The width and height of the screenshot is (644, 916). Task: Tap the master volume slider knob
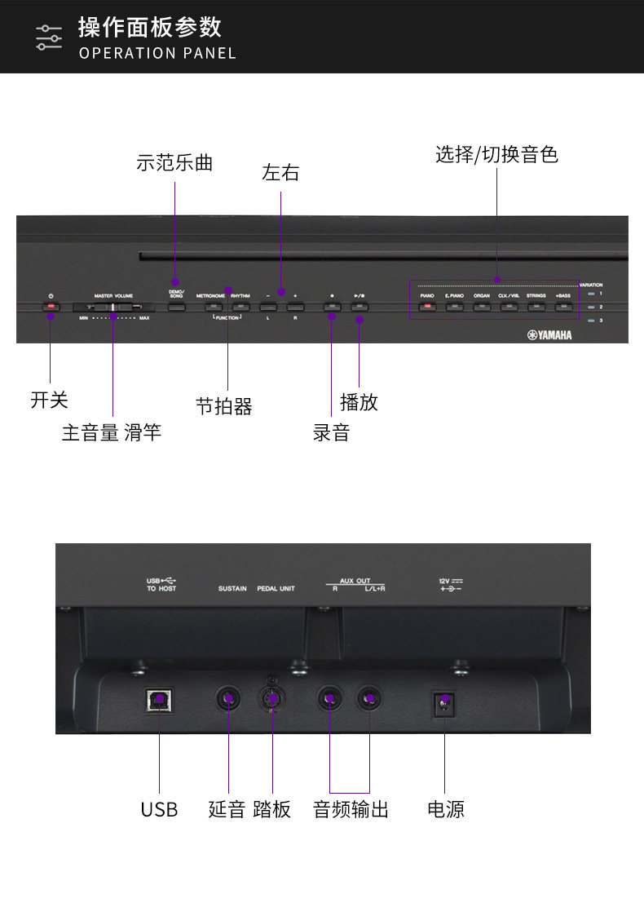point(113,308)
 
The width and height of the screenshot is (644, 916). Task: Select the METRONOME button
point(210,308)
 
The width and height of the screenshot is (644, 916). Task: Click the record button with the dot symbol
point(331,308)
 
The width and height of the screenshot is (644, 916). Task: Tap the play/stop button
point(359,308)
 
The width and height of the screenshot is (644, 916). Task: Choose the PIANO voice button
point(426,308)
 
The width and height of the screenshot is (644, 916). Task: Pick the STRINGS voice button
point(536,308)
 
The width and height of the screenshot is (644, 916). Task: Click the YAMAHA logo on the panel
point(549,334)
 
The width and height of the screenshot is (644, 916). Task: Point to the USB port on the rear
point(159,698)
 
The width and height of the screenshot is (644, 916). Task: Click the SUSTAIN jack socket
point(229,698)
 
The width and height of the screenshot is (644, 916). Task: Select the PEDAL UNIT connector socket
point(272,698)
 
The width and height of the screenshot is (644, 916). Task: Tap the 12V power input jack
point(444,701)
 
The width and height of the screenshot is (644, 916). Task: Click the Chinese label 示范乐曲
point(174,162)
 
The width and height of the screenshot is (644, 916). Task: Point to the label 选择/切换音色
point(496,154)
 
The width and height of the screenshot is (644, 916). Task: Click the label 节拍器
point(224,405)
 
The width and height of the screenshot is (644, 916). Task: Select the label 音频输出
point(351,809)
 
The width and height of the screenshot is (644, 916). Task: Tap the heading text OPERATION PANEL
point(157,53)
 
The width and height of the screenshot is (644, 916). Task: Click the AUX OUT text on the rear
point(355,581)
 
